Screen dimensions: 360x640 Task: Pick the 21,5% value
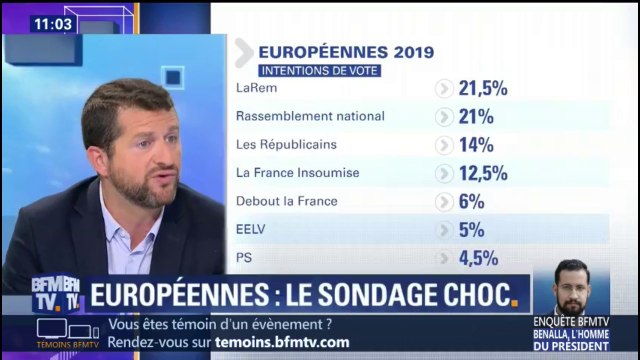(x=483, y=88)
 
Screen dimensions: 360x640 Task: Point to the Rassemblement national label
(x=309, y=116)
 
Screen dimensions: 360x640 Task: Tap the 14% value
(x=476, y=144)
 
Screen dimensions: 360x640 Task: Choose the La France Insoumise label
(x=296, y=172)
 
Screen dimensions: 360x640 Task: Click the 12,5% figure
(x=483, y=173)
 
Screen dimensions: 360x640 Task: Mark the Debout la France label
(x=285, y=201)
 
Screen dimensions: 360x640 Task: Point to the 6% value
(x=471, y=201)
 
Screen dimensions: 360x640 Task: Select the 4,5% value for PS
(x=477, y=258)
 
